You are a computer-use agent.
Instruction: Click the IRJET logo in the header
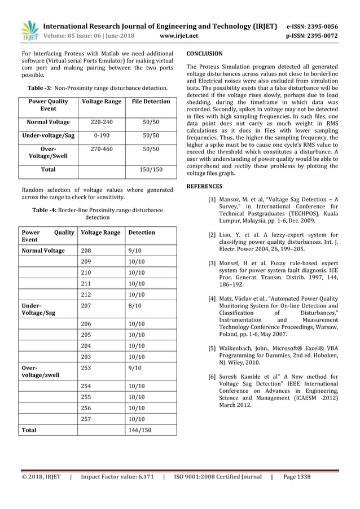(28, 31)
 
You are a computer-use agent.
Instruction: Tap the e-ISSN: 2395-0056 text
(312, 26)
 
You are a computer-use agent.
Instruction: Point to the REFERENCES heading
(204, 186)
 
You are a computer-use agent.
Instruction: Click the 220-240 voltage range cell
(102, 122)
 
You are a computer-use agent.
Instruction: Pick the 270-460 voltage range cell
(102, 149)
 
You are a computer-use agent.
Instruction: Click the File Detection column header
(151, 102)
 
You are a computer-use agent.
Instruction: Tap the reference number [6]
(212, 376)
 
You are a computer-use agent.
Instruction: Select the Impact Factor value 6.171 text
(117, 477)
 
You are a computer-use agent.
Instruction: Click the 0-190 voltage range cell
(102, 135)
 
